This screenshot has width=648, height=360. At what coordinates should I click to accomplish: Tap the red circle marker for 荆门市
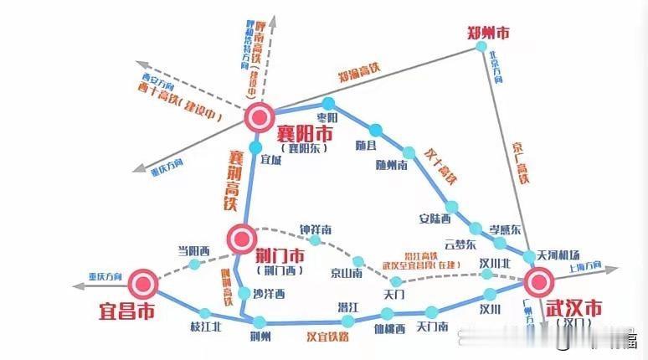tap(242, 238)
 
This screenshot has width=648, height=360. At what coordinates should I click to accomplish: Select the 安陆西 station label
tap(435, 219)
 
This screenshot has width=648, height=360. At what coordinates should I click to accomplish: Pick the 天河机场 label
tap(558, 255)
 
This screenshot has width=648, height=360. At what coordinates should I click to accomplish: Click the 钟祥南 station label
tap(316, 229)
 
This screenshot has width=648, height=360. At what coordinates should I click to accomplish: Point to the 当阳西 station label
tap(193, 249)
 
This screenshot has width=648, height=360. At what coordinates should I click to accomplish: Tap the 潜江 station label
tap(348, 306)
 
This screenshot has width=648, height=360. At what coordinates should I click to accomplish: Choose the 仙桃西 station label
tap(389, 328)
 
